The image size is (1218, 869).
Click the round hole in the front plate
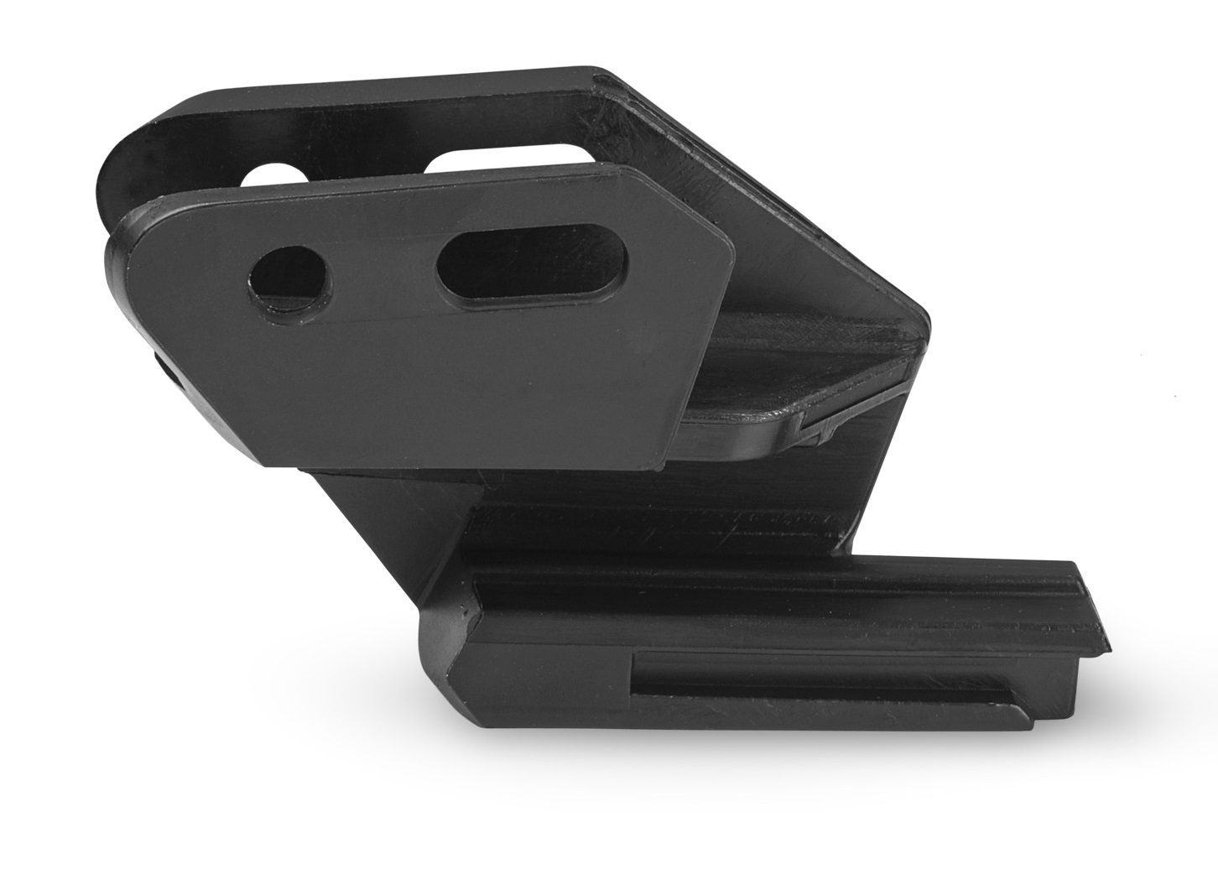[x=289, y=280]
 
